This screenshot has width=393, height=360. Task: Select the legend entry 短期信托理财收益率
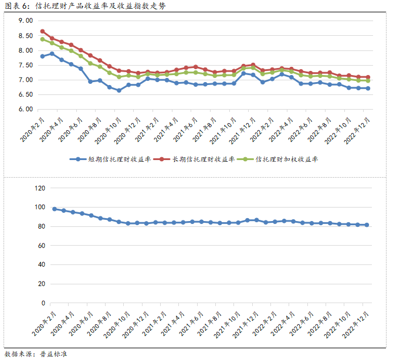111,159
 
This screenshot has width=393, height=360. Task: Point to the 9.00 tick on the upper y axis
25,21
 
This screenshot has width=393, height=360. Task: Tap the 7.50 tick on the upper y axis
25,65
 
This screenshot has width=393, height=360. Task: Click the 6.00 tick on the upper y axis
25,109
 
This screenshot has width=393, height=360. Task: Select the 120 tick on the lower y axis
39,188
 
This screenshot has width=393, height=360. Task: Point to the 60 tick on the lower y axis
41,246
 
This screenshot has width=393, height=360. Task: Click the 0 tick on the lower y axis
43,303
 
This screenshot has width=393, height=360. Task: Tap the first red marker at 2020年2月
42,31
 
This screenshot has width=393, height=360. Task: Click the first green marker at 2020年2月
42,39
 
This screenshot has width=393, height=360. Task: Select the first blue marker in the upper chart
42,56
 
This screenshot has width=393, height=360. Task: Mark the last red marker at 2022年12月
368,77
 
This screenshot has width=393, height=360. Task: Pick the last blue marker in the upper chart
368,89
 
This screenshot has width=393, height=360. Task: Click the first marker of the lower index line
55,209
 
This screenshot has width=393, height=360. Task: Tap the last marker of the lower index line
367,225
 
